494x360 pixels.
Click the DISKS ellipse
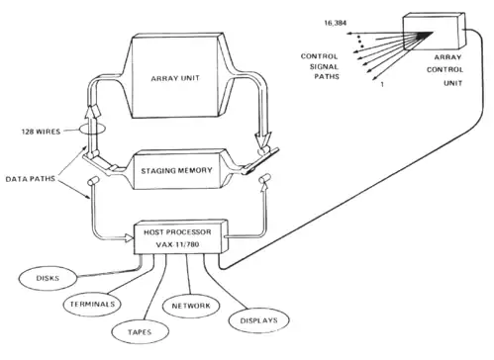48,279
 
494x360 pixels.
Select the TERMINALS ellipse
92,304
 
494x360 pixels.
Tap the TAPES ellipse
140,332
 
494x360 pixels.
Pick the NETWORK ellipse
191,306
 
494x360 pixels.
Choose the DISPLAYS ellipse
258,320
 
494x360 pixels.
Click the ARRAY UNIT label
175,78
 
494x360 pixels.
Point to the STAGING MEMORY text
176,171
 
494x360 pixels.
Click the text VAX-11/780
177,244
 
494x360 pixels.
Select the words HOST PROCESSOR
177,232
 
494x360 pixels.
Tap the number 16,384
336,23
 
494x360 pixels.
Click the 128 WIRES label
41,132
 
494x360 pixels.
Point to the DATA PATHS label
30,179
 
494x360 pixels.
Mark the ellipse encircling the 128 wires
92,129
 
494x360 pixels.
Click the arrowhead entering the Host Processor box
129,237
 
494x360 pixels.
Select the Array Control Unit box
434,32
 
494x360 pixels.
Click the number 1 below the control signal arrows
382,85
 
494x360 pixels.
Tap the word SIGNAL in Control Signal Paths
324,66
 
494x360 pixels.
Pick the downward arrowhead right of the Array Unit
263,139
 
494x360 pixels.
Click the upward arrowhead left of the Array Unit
90,113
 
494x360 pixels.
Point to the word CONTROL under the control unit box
445,70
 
